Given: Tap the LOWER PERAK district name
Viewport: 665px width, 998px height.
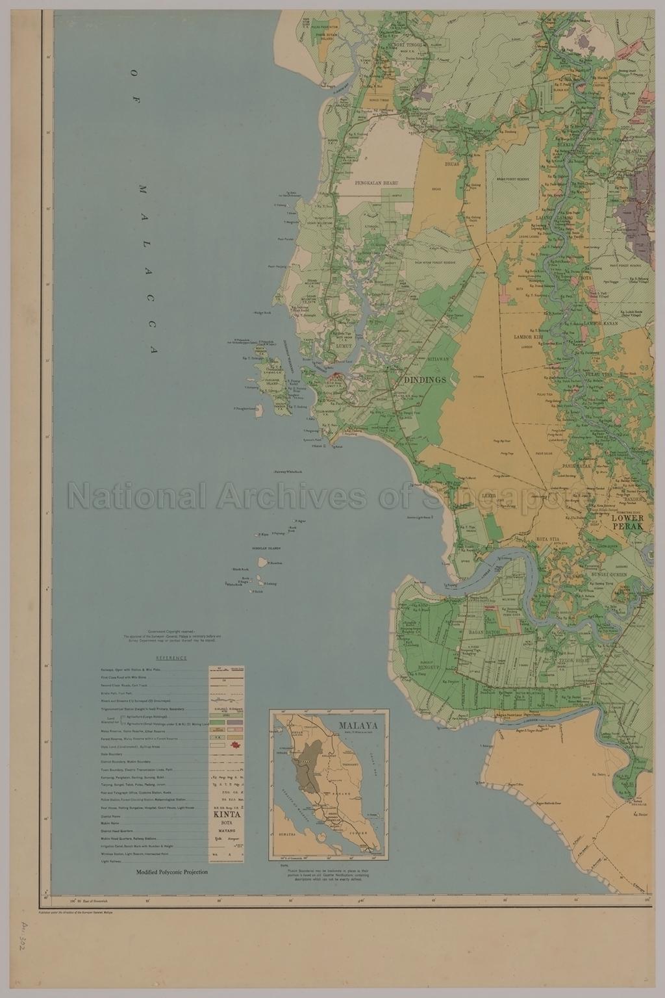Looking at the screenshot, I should coord(627,522).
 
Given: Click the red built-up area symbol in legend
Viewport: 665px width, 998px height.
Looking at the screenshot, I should coord(234,743).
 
